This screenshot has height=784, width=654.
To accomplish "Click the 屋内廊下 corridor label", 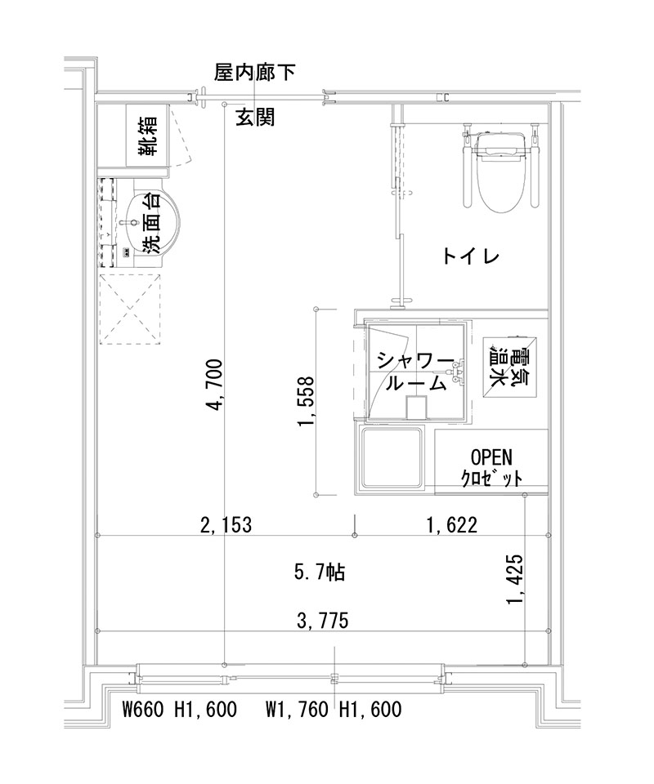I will click(x=254, y=73).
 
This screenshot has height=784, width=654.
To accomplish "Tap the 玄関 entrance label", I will click(x=255, y=118).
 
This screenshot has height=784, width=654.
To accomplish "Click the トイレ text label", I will click(x=470, y=256).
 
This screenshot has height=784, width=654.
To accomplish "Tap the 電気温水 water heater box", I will click(x=509, y=367).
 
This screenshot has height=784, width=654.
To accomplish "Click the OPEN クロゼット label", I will click(x=491, y=466).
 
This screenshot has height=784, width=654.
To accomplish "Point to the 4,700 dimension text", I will click(x=215, y=383).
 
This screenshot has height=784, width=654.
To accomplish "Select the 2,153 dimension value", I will click(x=226, y=524).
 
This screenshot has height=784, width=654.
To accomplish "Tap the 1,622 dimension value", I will click(x=450, y=524).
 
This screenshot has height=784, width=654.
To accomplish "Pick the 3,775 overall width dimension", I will click(x=323, y=621).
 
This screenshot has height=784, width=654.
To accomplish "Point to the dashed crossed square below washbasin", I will click(x=131, y=310).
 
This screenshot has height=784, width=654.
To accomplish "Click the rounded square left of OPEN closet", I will click(x=393, y=459).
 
